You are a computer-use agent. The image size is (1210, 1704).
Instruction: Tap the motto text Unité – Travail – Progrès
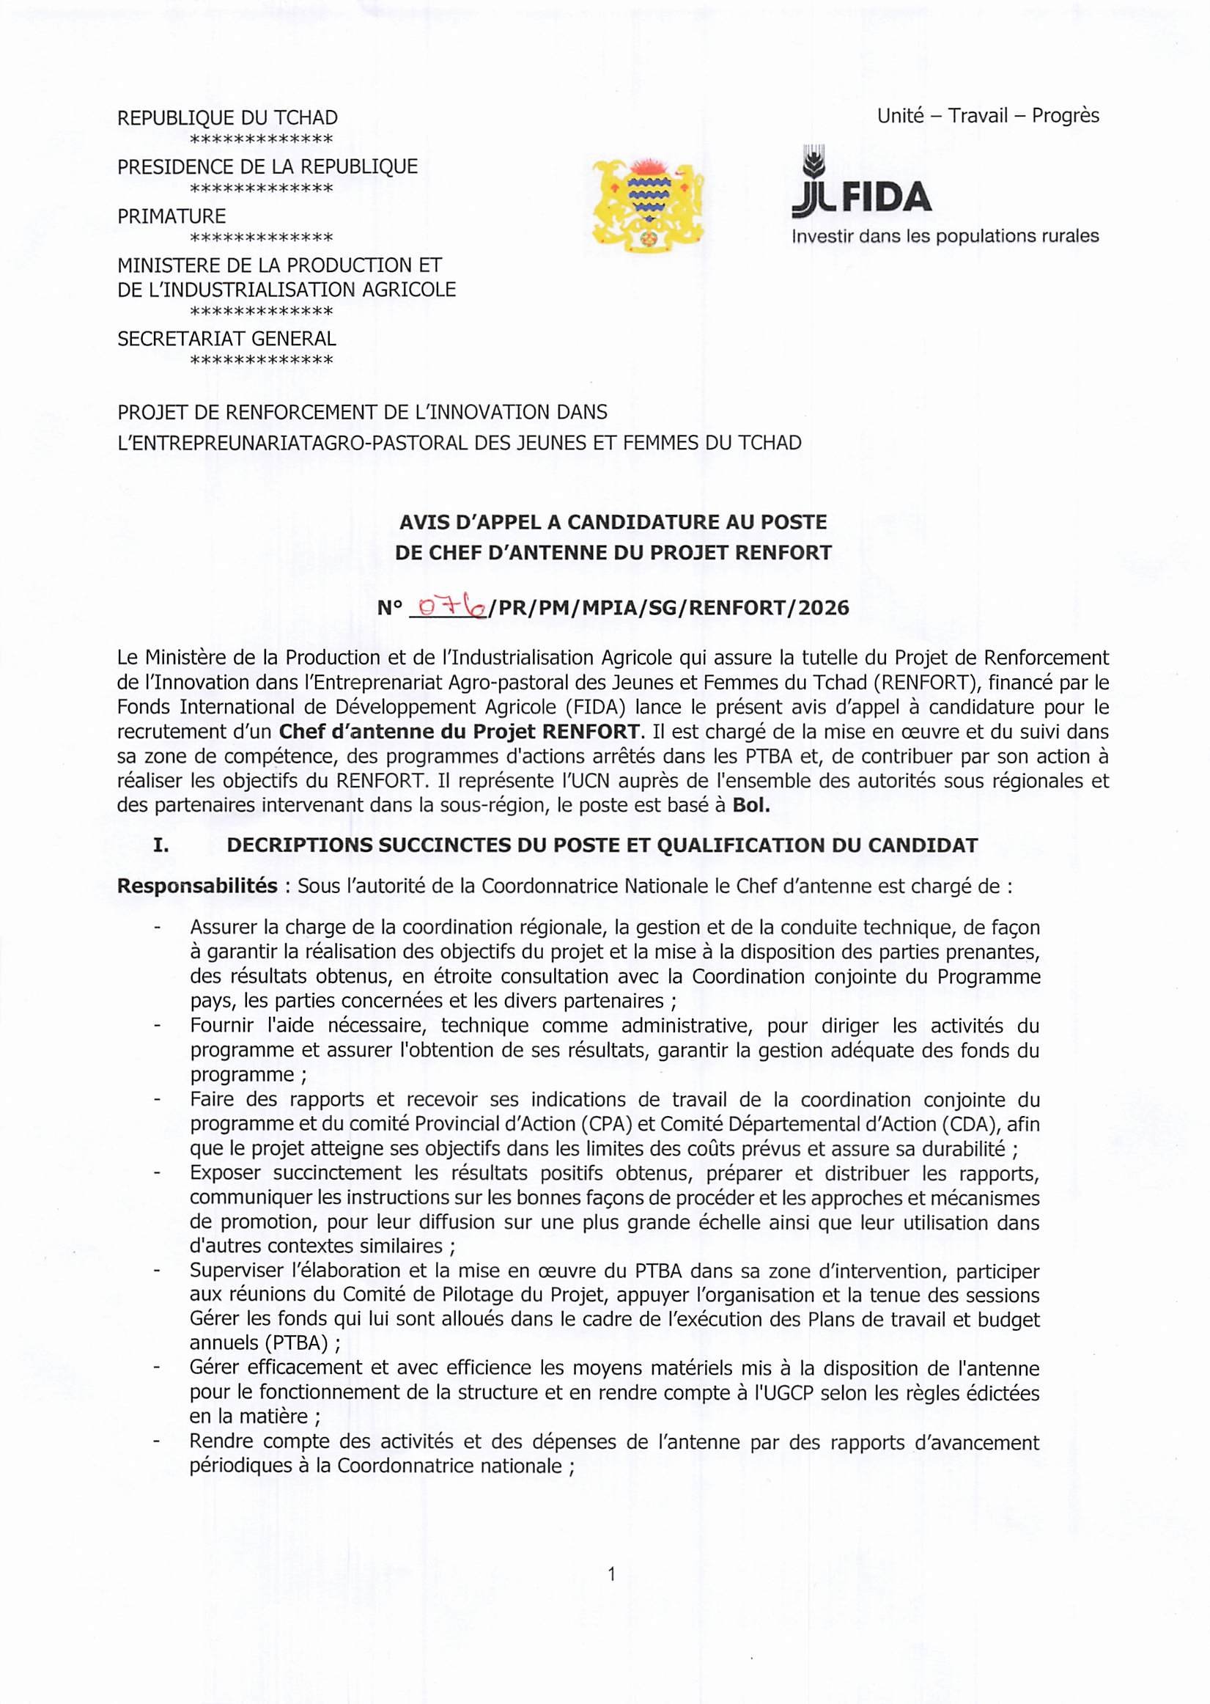(988, 116)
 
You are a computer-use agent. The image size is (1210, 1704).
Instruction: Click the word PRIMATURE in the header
(171, 216)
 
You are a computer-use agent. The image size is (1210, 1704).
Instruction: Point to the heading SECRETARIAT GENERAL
(226, 339)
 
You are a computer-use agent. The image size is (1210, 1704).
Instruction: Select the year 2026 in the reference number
(823, 609)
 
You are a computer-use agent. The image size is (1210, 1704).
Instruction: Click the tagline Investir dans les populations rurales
(945, 236)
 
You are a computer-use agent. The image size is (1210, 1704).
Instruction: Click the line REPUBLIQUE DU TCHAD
(227, 118)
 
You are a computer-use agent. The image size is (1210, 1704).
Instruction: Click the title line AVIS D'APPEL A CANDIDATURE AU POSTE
(613, 522)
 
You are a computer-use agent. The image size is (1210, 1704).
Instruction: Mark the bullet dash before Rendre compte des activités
(158, 1442)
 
